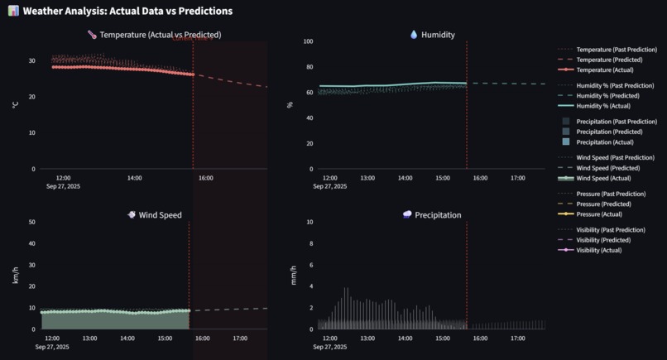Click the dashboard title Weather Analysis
tap(127, 12)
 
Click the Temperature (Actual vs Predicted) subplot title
tap(160, 35)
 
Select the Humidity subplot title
tap(438, 35)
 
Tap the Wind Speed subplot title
tap(161, 215)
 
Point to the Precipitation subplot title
tap(438, 215)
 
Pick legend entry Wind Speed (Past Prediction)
tap(617, 158)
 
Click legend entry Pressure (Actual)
tap(599, 214)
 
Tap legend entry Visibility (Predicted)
tap(609, 240)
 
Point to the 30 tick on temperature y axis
tap(31, 61)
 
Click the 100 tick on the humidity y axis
tap(308, 41)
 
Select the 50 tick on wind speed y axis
tap(31, 222)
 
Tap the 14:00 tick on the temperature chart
tap(134, 178)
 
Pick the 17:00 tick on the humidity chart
tap(517, 178)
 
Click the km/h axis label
tap(15, 276)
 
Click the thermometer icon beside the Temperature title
tap(92, 35)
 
